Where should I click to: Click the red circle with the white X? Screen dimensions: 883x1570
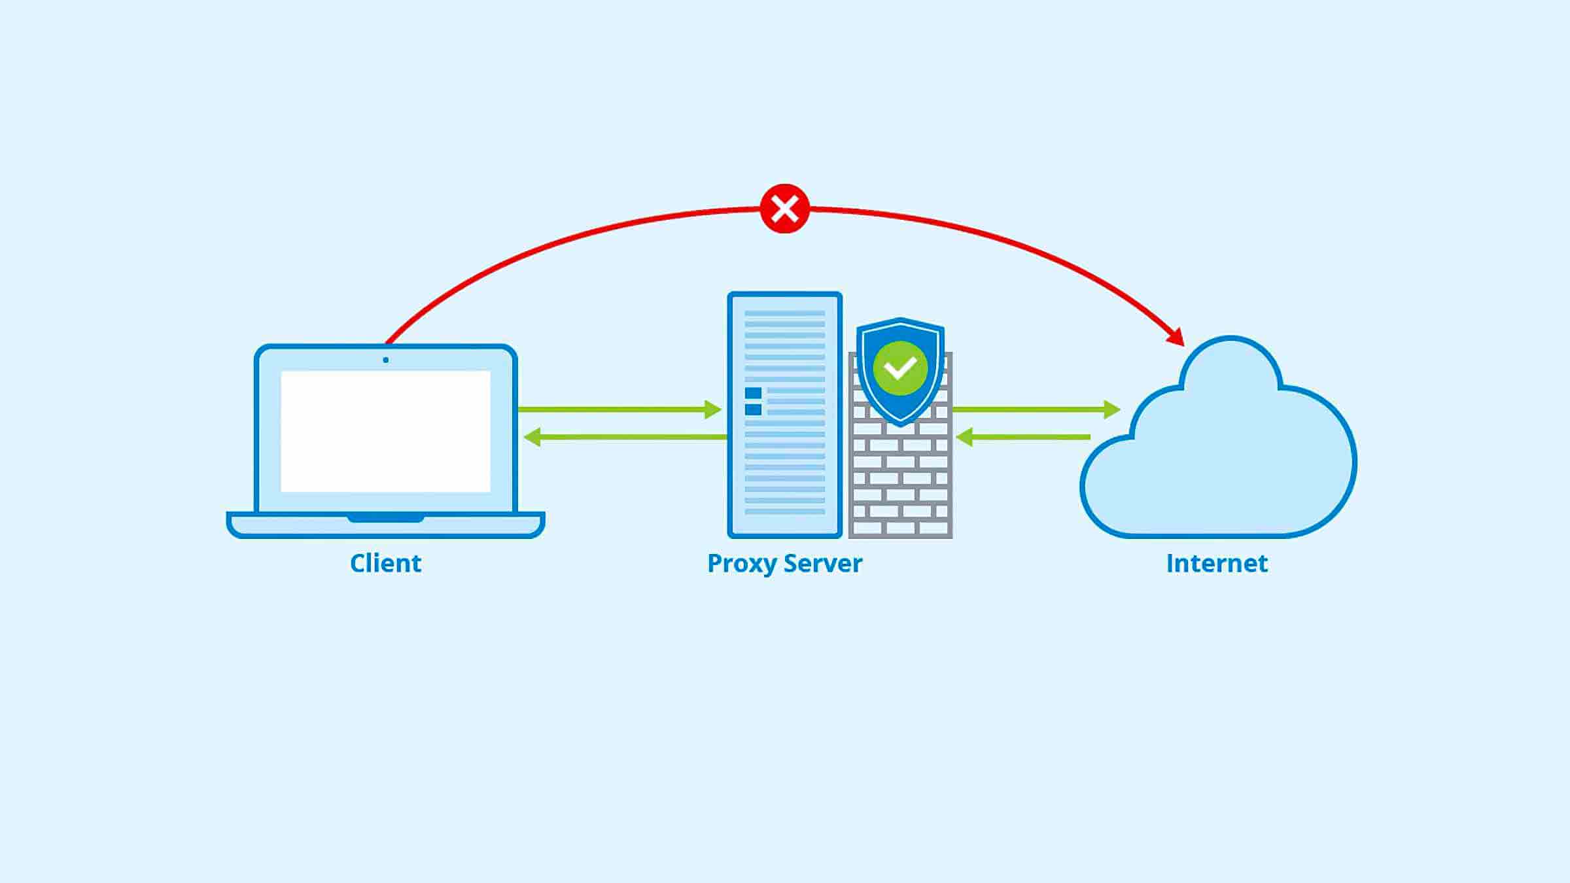[x=785, y=209]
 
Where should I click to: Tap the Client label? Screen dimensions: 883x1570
[x=385, y=563]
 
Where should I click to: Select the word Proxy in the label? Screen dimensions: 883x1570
[x=742, y=564]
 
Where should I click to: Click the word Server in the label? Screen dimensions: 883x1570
[x=823, y=563]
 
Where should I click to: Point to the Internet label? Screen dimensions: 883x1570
[x=1217, y=563]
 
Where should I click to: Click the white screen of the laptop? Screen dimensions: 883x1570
[x=385, y=431]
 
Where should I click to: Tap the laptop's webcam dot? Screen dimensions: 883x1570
[x=385, y=360]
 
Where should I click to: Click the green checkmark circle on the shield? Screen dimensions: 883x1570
[x=900, y=368]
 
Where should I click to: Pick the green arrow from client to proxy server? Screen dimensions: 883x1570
[x=618, y=409]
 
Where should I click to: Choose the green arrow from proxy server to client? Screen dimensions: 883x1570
[x=625, y=437]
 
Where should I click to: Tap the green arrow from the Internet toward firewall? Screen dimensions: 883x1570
[x=1023, y=437]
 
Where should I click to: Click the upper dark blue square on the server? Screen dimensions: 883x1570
[x=753, y=392]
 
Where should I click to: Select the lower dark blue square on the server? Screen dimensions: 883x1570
[x=753, y=409]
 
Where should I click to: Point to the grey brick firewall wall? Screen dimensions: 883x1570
[x=900, y=484]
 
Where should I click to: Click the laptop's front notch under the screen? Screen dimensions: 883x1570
[x=385, y=519]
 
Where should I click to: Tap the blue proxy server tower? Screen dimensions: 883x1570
[x=785, y=458]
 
